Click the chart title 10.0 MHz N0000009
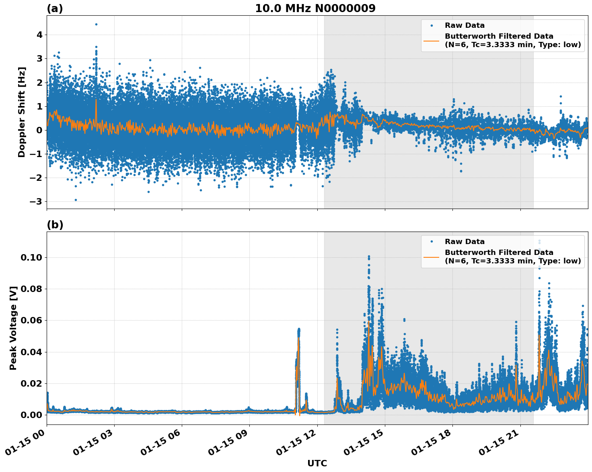[x=315, y=8]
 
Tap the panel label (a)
[x=55, y=8]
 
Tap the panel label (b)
[x=55, y=225]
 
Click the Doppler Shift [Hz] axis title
[x=22, y=112]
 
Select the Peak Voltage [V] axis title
[x=13, y=328]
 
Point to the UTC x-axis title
[x=317, y=463]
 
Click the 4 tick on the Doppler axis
[x=39, y=35]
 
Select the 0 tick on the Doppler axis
[x=39, y=130]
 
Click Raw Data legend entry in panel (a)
[x=464, y=25]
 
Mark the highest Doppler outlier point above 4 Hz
[x=96, y=24]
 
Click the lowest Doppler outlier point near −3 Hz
[x=76, y=200]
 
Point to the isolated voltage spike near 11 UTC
[x=298, y=330]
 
